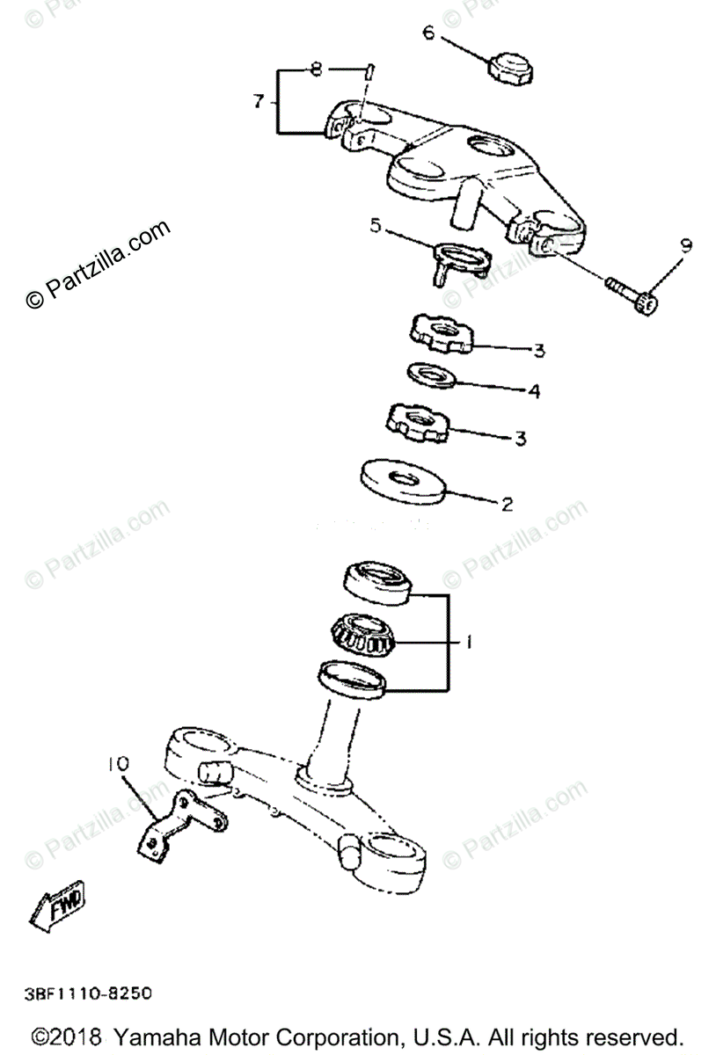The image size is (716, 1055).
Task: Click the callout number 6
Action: [x=428, y=33]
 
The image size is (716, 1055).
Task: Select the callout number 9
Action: [x=685, y=245]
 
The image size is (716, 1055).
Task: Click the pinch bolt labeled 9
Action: [x=631, y=295]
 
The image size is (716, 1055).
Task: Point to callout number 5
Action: [x=376, y=227]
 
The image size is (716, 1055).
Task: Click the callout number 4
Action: [x=533, y=391]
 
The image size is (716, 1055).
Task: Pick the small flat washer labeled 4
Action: [x=431, y=375]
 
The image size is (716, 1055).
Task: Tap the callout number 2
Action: [x=507, y=505]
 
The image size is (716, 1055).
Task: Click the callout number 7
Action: [x=259, y=102]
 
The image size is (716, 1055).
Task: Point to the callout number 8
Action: [x=317, y=69]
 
